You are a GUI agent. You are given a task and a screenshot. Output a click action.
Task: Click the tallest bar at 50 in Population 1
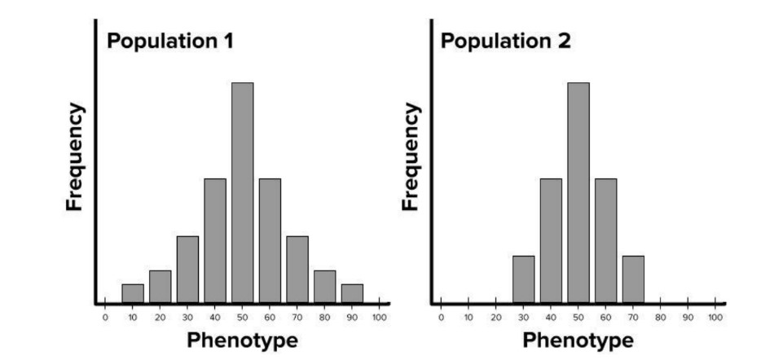tap(242, 192)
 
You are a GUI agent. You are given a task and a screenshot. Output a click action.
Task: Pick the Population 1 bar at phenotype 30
tap(187, 270)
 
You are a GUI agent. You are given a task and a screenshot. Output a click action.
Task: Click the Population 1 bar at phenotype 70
tap(297, 270)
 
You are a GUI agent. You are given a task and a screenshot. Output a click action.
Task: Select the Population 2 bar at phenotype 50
tap(578, 192)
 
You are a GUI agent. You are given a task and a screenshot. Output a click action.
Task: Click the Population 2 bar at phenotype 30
tap(523, 279)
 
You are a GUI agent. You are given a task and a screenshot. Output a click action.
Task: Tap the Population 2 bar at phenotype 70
tap(633, 279)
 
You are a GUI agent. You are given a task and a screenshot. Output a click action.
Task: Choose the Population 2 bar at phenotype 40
tap(551, 240)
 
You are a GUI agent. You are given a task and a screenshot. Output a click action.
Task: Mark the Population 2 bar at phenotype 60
tap(605, 240)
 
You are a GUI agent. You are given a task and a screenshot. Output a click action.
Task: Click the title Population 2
tap(507, 41)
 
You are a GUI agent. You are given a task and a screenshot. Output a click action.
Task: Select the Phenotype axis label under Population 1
tap(242, 340)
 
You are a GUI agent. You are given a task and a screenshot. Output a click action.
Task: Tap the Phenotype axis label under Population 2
tap(578, 340)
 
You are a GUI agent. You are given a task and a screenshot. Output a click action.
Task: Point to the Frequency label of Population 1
tap(75, 156)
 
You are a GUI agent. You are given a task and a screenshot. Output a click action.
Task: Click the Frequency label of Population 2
tap(411, 156)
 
